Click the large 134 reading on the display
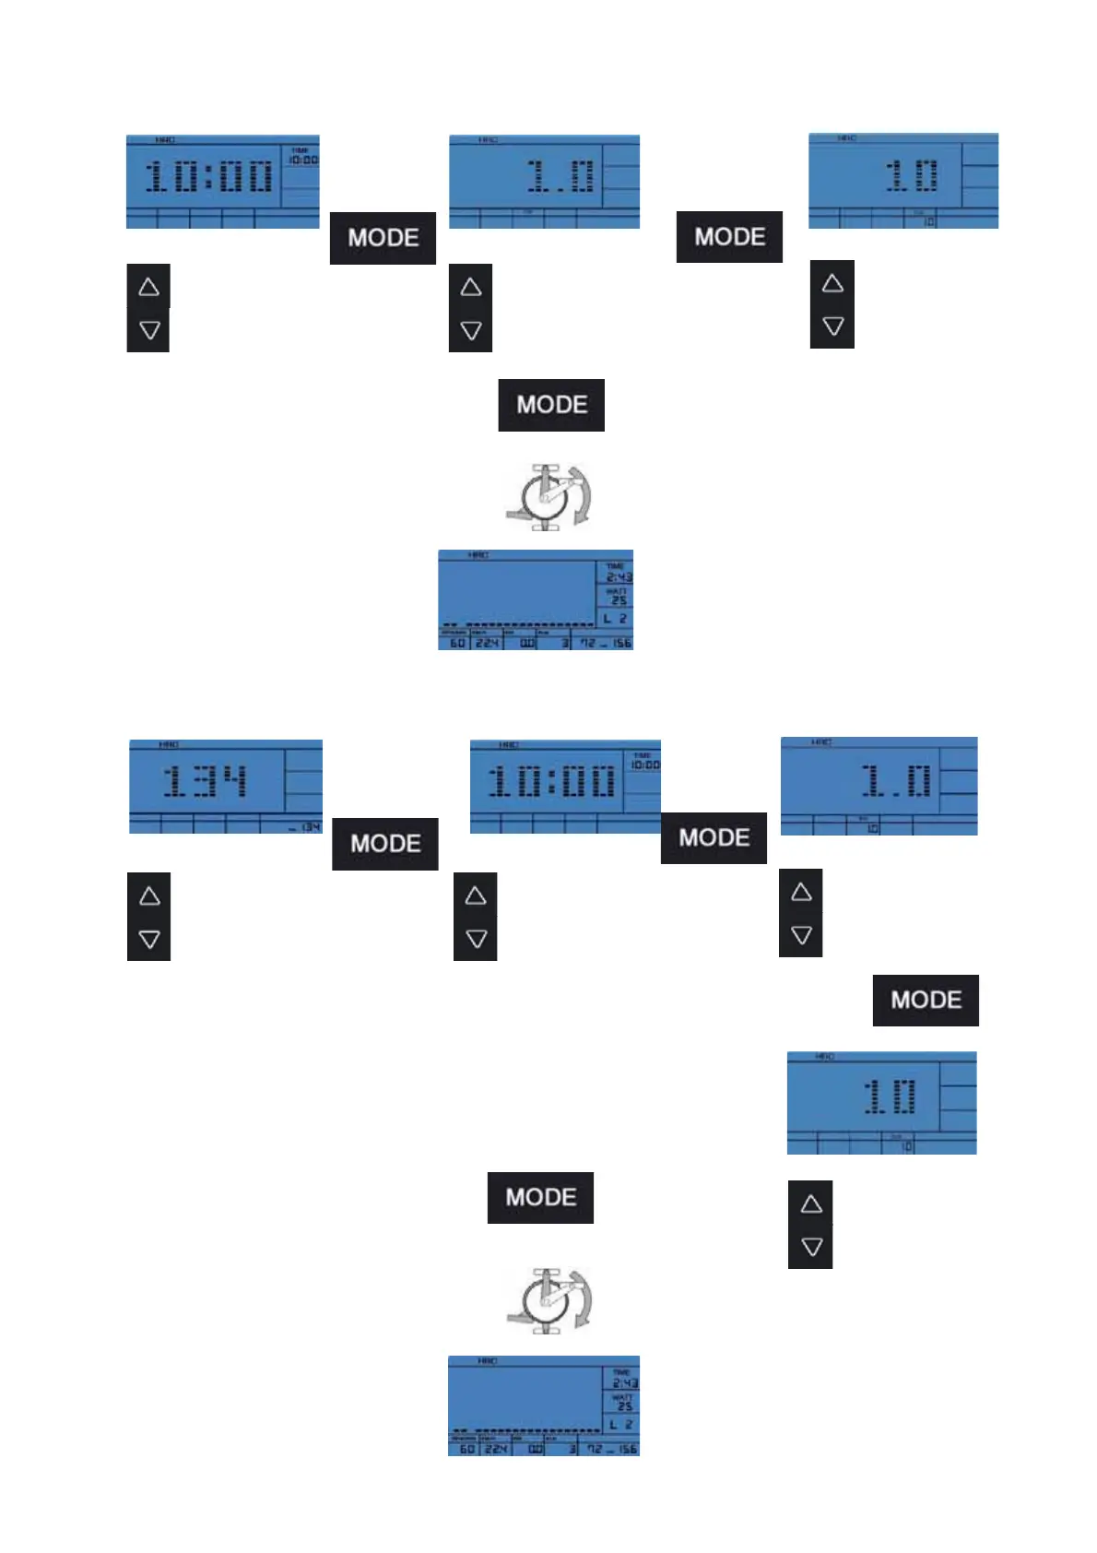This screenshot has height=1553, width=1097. (x=206, y=781)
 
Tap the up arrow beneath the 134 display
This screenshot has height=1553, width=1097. (x=149, y=895)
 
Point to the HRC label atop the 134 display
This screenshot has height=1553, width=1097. (x=169, y=744)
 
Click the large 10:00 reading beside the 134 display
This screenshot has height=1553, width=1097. (x=551, y=782)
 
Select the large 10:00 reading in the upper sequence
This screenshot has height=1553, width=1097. (x=210, y=176)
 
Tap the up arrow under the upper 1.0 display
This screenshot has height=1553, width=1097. (x=471, y=287)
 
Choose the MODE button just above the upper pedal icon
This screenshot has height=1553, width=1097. (x=551, y=405)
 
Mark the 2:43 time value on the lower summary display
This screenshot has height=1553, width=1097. (x=625, y=1383)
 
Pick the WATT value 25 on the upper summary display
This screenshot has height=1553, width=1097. (x=619, y=600)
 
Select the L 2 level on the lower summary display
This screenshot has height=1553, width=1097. (x=622, y=1425)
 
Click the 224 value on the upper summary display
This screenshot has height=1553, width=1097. (x=487, y=643)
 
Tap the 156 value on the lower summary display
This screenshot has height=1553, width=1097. (x=628, y=1449)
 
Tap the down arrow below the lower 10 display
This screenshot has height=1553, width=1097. (x=811, y=1247)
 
